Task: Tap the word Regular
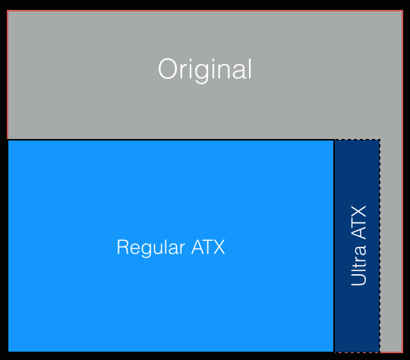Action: (151, 248)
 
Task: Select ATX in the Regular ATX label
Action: (208, 247)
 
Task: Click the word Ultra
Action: (358, 266)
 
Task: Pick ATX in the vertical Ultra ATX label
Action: (358, 223)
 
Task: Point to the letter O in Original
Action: (167, 69)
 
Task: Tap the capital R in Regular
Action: (123, 247)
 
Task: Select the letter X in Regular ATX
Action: (219, 247)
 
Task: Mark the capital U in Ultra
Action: (358, 279)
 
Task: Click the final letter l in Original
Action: (250, 68)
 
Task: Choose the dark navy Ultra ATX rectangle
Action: (357, 246)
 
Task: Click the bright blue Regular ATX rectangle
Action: (171, 246)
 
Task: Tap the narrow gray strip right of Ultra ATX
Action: (391, 246)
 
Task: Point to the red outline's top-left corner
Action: (8, 11)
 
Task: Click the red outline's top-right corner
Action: (402, 11)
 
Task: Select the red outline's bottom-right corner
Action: (402, 352)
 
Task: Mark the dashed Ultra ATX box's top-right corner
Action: (380, 140)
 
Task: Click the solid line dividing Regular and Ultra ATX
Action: (334, 246)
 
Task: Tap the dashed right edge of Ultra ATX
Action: (380, 246)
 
